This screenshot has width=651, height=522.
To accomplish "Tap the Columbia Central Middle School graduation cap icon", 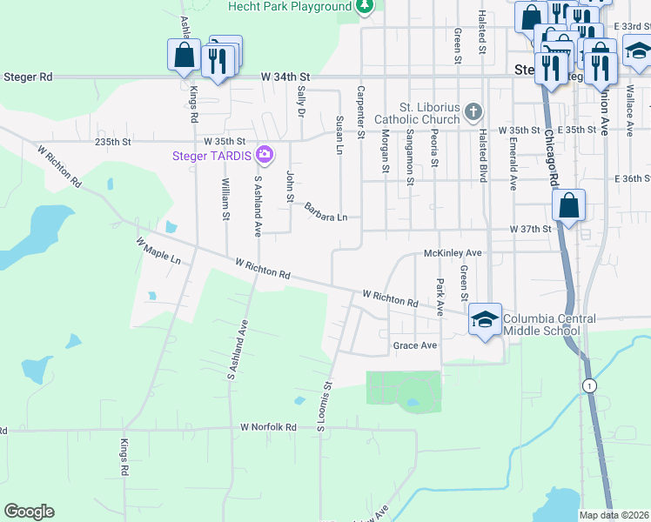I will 485,318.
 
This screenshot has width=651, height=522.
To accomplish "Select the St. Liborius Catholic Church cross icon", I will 473,110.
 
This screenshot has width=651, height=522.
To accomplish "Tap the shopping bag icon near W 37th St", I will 568,207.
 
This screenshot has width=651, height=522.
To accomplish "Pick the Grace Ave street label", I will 414,345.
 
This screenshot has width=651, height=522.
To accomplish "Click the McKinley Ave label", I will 452,252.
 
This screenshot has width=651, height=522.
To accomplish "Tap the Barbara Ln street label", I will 325,211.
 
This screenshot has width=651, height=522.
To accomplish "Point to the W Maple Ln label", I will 158,250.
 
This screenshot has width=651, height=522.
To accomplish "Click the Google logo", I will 29,512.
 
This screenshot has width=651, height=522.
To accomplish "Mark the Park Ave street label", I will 440,297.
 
